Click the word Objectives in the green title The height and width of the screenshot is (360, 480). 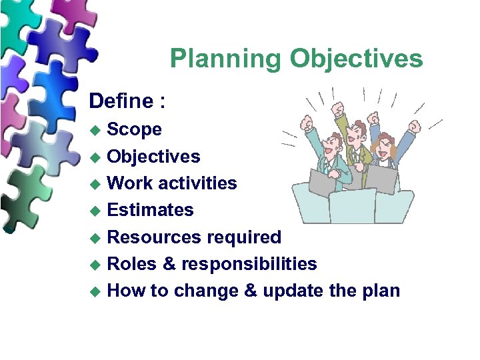point(356,59)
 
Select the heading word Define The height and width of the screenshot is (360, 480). point(121,101)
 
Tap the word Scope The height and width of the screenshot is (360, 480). point(134,129)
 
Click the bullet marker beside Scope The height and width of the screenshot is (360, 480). point(96,130)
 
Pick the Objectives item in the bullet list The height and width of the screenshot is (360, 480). point(153,157)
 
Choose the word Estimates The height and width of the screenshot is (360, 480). point(150,210)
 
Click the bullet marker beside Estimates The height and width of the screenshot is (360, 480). point(96,211)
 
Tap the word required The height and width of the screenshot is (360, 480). point(244,237)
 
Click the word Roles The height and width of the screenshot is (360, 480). point(131,264)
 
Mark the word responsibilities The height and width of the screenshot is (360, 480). point(250,265)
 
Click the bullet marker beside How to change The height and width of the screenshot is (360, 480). point(96,291)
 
